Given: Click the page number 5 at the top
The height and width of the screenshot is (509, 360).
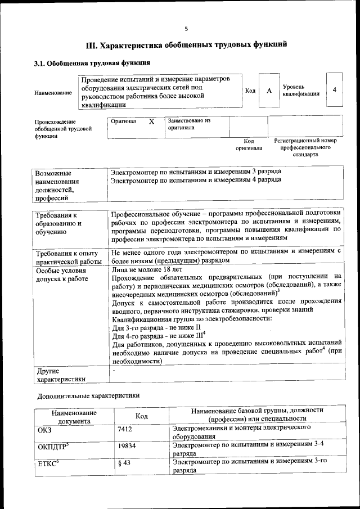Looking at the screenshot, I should click(x=186, y=29).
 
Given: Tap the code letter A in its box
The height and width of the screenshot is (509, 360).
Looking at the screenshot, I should click(x=269, y=91).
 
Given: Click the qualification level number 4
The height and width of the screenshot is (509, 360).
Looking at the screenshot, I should click(x=335, y=90).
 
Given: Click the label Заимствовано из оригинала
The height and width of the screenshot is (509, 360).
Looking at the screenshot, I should click(x=188, y=124).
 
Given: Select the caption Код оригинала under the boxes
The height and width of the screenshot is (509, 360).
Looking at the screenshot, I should click(x=249, y=145).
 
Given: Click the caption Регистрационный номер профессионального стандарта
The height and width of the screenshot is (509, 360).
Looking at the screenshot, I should click(x=305, y=147).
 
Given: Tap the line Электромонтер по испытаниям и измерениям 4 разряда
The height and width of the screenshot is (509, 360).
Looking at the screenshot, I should click(x=195, y=180).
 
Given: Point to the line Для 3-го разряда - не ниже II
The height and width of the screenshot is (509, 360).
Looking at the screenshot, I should click(x=156, y=327).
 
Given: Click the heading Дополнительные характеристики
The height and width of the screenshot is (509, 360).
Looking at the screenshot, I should click(x=88, y=395).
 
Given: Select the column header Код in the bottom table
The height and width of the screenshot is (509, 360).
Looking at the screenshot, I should click(x=142, y=416).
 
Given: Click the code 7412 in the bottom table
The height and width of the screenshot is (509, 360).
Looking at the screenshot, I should click(x=125, y=429).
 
